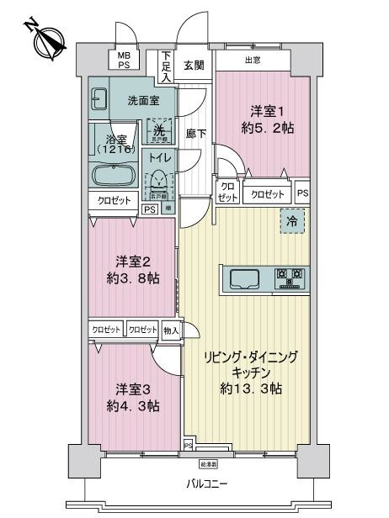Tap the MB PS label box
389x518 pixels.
(x=124, y=60)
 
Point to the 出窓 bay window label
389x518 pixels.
(x=252, y=61)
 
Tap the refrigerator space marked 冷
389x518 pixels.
(x=292, y=220)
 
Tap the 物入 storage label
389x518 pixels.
(x=170, y=330)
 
